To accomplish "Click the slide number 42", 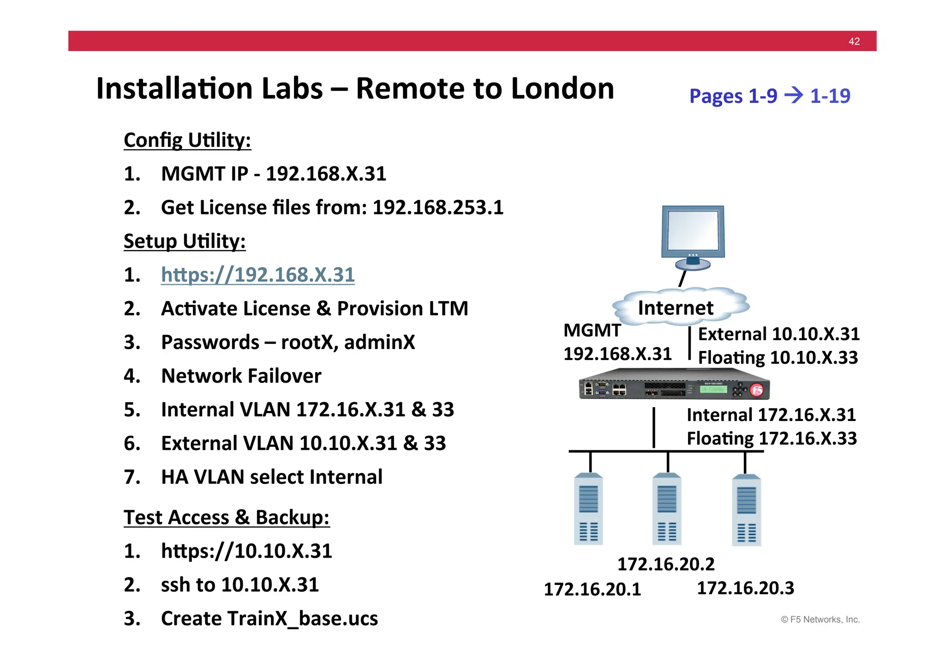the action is (854, 42).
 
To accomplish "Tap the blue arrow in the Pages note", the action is (794, 96).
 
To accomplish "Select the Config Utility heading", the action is (187, 140).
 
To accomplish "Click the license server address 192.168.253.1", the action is (438, 208).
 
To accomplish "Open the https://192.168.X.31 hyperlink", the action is (257, 275).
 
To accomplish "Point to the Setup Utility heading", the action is (185, 241).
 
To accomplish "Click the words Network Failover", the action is (241, 376).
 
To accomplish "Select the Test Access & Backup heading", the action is (227, 518).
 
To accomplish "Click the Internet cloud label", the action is (676, 308).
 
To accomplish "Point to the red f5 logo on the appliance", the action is (757, 391).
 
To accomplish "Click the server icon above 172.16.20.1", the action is (588, 509).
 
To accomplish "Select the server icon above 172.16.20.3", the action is (746, 511).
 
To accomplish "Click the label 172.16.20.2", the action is (666, 564).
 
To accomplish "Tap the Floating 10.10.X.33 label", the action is (778, 358).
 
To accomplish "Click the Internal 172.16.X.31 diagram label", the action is (771, 415).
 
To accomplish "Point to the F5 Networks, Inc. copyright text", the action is (820, 620).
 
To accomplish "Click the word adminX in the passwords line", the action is (379, 343).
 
